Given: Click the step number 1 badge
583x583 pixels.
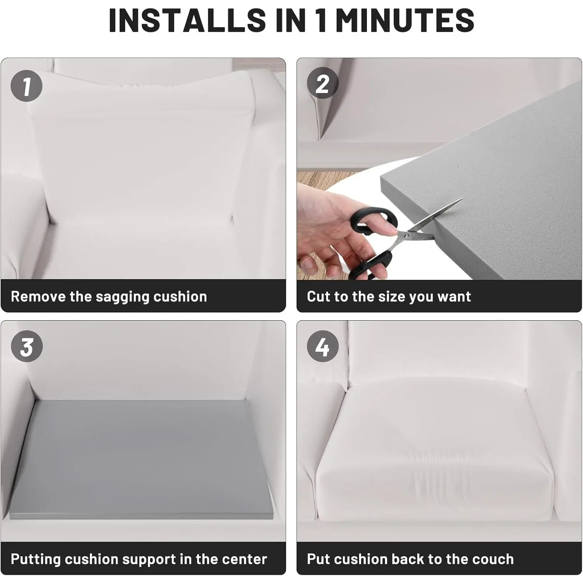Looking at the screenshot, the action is pos(26,86).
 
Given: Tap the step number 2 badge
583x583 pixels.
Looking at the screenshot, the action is pos(323,83).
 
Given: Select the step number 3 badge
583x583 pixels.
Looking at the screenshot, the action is pos(26,346).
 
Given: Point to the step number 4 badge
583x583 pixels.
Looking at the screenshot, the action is pos(323,346).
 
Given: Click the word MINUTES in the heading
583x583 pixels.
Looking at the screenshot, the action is pos(405,20).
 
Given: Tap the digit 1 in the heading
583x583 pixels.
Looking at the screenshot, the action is pos(321,20).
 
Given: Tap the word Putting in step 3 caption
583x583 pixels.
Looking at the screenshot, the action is pos(35,560).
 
